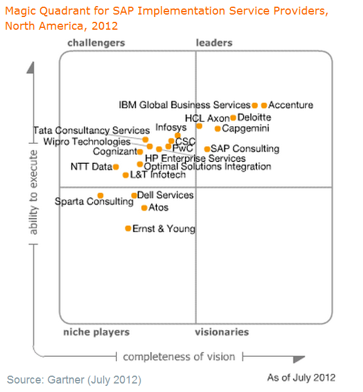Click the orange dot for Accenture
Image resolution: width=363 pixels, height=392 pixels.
[264, 105]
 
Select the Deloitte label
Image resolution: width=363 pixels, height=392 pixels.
[255, 117]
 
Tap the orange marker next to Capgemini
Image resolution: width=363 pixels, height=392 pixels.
[218, 129]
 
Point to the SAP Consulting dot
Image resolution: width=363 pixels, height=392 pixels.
[207, 149]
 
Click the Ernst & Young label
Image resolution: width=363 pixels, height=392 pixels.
[164, 229]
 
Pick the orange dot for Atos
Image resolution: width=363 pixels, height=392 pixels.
[144, 208]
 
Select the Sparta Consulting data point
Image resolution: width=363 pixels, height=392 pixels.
[101, 195]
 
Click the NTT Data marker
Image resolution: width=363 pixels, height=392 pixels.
[116, 167]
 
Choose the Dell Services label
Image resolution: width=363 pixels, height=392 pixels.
[165, 195]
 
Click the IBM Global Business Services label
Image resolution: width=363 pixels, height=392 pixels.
[185, 105]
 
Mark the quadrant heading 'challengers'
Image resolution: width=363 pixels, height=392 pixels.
[96, 42]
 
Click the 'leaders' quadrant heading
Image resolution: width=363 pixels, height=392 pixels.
[214, 42]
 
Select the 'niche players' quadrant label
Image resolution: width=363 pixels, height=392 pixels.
[96, 332]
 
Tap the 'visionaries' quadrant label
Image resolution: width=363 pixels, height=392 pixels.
[222, 332]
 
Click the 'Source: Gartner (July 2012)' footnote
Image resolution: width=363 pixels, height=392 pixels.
[74, 380]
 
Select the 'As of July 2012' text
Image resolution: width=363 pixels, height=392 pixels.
[301, 377]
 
